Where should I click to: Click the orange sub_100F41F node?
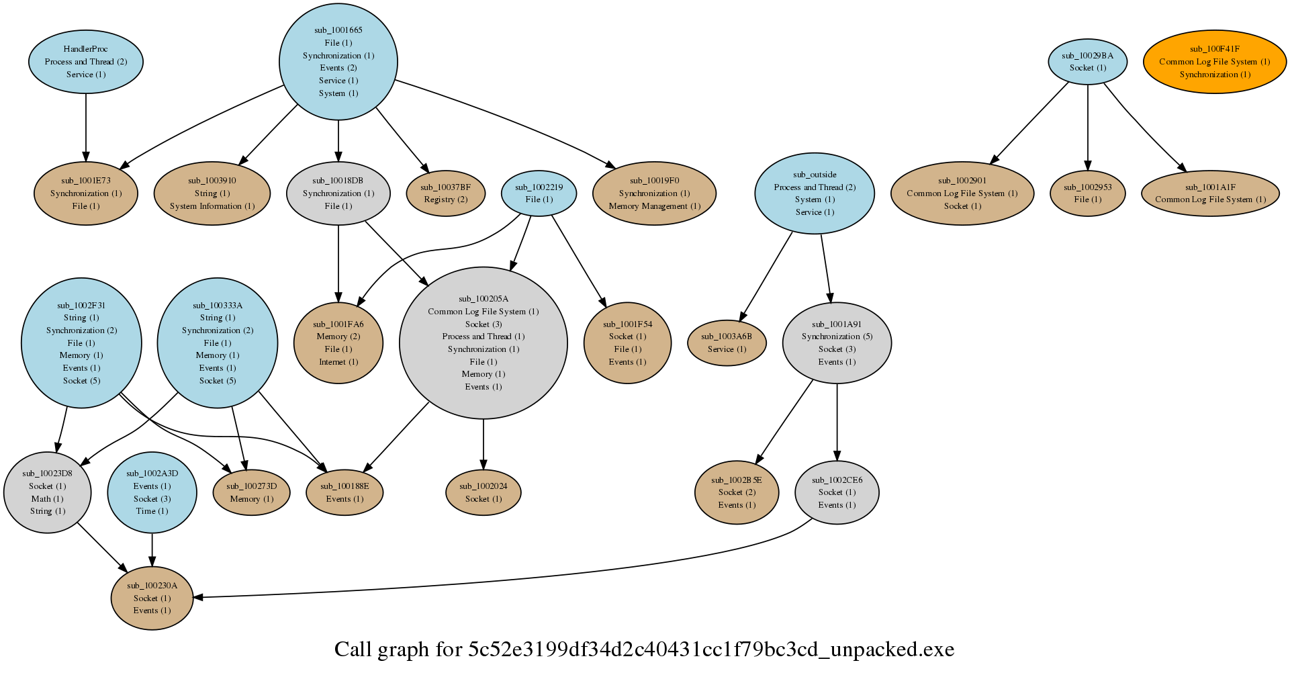pyautogui.click(x=1215, y=61)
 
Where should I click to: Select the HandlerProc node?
pyautogui.click(x=85, y=61)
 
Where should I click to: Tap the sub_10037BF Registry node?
pyautogui.click(x=445, y=193)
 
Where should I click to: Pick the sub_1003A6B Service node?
pyautogui.click(x=727, y=343)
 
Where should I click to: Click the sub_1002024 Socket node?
pyautogui.click(x=483, y=492)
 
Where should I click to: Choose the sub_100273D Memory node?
pyautogui.click(x=251, y=492)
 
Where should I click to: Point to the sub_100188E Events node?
pyautogui.click(x=344, y=492)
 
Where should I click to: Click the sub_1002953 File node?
pyautogui.click(x=1087, y=193)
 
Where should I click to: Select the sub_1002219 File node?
pyautogui.click(x=539, y=193)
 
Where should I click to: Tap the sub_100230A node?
pyautogui.click(x=152, y=598)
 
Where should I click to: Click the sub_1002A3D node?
pyautogui.click(x=152, y=492)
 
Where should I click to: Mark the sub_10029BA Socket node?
pyautogui.click(x=1087, y=61)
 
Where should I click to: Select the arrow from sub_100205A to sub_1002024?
pyautogui.click(x=483, y=443)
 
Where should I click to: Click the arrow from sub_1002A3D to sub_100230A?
pyautogui.click(x=152, y=549)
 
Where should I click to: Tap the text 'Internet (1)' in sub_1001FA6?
pyautogui.click(x=338, y=362)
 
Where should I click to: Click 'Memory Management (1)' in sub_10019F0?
pyautogui.click(x=654, y=206)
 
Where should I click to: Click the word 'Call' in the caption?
pyautogui.click(x=353, y=649)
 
